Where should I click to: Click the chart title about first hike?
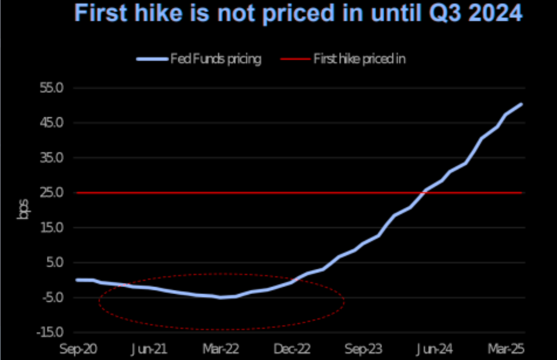[298, 13]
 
